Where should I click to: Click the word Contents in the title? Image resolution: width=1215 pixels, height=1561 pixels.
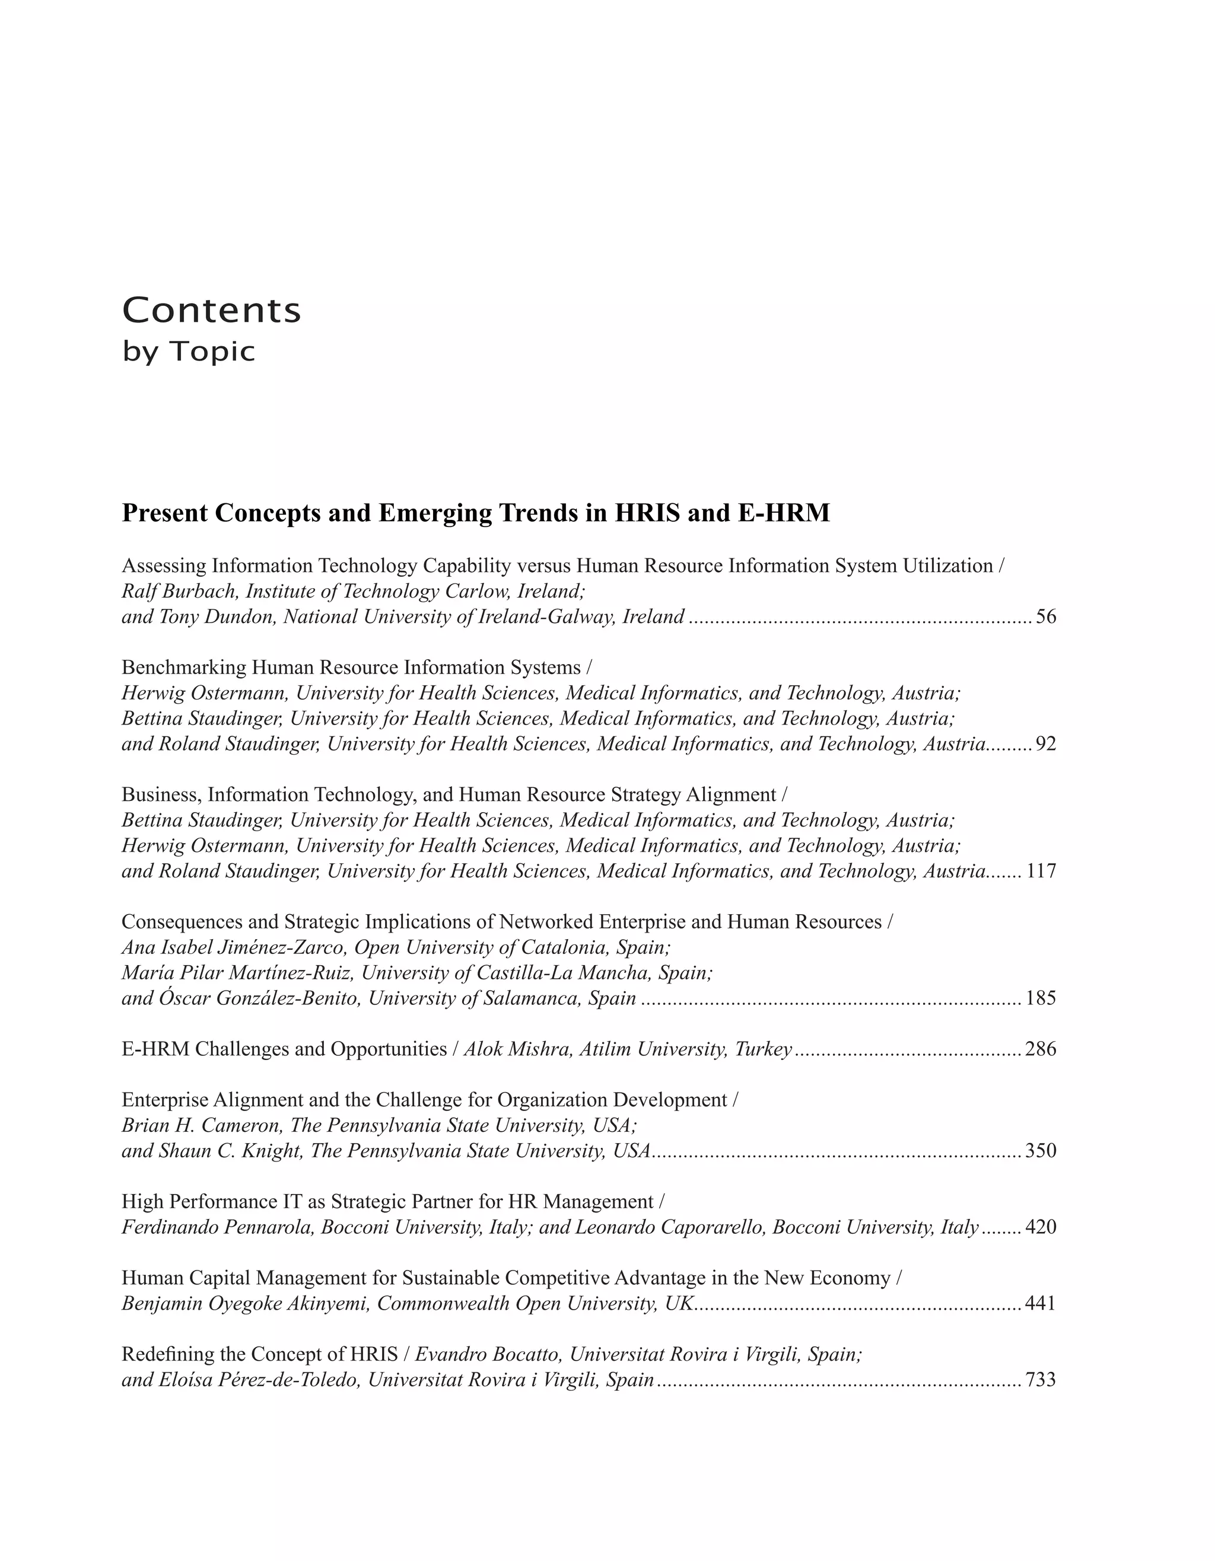coord(212,310)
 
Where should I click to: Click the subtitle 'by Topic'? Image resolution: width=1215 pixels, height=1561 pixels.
coord(189,352)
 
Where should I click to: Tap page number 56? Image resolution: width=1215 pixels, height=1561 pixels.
coord(1045,617)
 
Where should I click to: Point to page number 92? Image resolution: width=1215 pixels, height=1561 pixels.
coord(1045,744)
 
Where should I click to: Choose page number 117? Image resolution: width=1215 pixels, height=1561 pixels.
coord(1041,872)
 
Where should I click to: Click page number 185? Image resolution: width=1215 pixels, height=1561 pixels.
coord(1041,998)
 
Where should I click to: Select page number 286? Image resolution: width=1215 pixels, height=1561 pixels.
coord(1041,1049)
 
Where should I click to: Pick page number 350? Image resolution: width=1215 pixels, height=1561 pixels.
coord(1041,1151)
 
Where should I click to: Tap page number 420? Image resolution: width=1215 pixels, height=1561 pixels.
coord(1041,1227)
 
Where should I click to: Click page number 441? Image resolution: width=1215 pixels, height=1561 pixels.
coord(1041,1304)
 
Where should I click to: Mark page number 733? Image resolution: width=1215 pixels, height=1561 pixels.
coord(1041,1380)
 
